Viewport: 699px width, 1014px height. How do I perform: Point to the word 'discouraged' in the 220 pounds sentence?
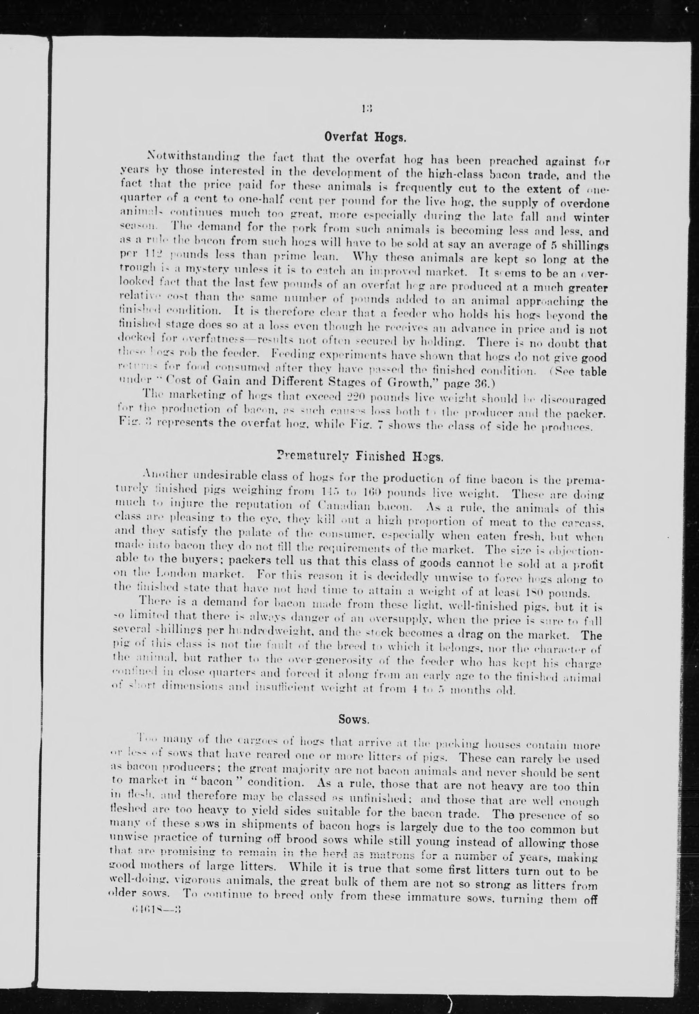click(x=574, y=400)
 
